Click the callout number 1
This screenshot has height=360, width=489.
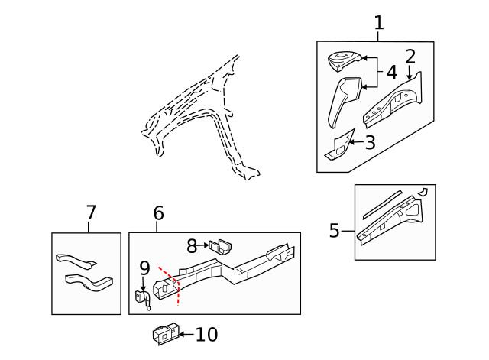coord(379,24)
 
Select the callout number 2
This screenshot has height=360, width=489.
coord(410,56)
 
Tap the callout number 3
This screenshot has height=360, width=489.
coord(370,142)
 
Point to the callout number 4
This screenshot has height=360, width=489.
coord(391,73)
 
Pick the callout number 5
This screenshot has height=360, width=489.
coord(334,230)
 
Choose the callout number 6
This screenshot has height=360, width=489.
coord(158,214)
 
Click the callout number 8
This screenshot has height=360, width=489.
coord(192,245)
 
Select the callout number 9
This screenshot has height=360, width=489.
coord(144,268)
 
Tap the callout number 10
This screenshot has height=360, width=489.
coord(207,335)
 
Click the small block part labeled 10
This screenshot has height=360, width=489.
coord(166,335)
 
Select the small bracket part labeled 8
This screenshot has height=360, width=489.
coord(222,245)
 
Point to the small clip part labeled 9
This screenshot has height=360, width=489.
coord(143,299)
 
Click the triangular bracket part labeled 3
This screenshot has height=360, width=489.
coord(339,146)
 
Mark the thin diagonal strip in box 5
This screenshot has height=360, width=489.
coord(383,200)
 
